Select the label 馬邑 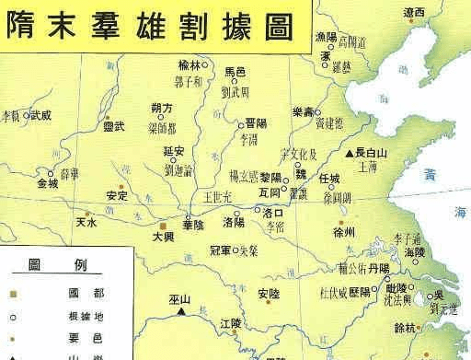(x=236, y=70)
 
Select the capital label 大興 (x=162, y=237)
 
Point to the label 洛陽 (x=234, y=223)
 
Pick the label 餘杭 (x=430, y=328)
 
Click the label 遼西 (x=414, y=12)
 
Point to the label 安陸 (x=268, y=293)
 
